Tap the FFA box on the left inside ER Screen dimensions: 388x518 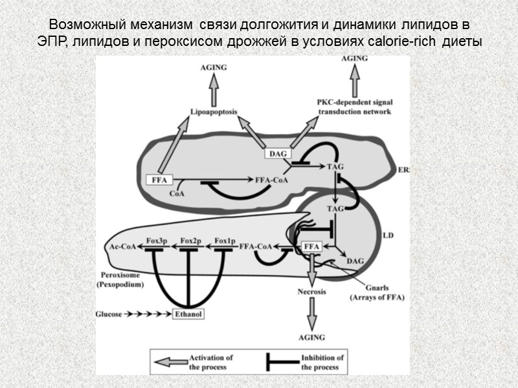pyautogui.click(x=158, y=180)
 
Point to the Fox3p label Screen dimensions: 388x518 pyautogui.click(x=157, y=241)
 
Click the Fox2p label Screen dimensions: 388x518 pyautogui.click(x=191, y=241)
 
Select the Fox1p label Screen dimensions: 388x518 pyautogui.click(x=224, y=241)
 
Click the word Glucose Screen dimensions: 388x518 pyautogui.click(x=108, y=314)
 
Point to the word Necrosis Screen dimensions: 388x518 pyautogui.click(x=312, y=292)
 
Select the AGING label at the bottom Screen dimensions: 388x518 pyautogui.click(x=312, y=338)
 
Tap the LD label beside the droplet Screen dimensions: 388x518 pyautogui.click(x=388, y=235)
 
